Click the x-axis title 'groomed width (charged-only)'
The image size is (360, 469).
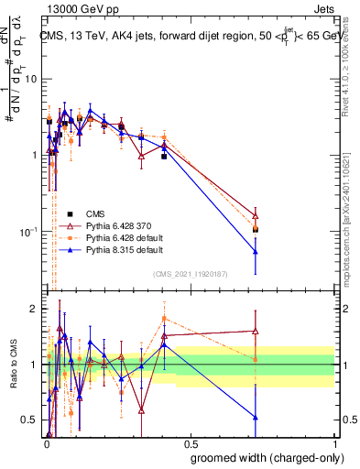[262, 456]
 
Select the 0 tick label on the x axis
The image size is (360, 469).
[45, 444]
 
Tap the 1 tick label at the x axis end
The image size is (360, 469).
[334, 444]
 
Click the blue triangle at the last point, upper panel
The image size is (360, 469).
[256, 252]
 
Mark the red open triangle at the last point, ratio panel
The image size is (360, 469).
[256, 332]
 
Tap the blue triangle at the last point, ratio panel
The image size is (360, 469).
[256, 418]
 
